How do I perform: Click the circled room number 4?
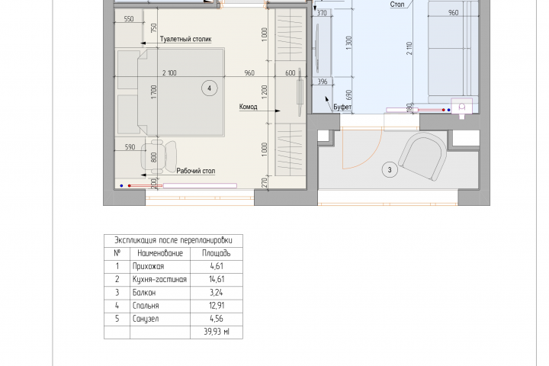(x=210, y=88)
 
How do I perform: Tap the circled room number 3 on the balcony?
(x=390, y=170)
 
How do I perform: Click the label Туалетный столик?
(x=185, y=39)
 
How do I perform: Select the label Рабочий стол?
(x=196, y=171)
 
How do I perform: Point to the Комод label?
(x=249, y=107)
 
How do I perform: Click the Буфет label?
(x=342, y=107)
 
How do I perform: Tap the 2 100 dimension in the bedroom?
(x=169, y=73)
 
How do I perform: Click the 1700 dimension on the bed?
(x=154, y=91)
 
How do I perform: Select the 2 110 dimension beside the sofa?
(x=409, y=48)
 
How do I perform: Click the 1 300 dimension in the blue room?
(x=348, y=43)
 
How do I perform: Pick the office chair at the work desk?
(x=159, y=156)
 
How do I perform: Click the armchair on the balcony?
(x=423, y=156)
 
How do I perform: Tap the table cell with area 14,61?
(x=217, y=280)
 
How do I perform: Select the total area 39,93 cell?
(x=217, y=332)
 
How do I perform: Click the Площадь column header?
(x=217, y=253)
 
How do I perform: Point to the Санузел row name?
(x=146, y=319)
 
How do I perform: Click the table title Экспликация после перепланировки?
(x=173, y=241)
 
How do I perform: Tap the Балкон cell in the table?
(x=144, y=293)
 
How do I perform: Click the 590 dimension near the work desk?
(x=130, y=147)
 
